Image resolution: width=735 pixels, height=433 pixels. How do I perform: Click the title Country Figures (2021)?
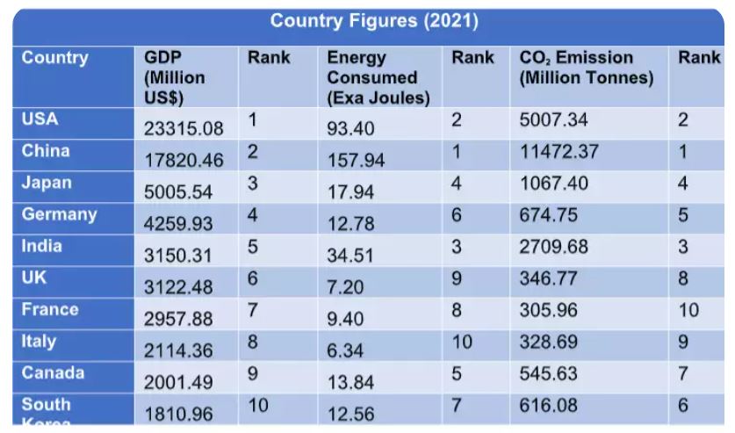pyautogui.click(x=374, y=21)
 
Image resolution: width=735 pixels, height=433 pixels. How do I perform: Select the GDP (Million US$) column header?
pyautogui.click(x=175, y=77)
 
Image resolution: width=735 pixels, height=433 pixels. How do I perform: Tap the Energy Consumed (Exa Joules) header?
pyautogui.click(x=378, y=78)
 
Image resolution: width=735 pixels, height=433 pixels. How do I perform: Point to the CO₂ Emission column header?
pyautogui.click(x=586, y=68)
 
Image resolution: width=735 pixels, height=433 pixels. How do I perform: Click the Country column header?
pyautogui.click(x=54, y=58)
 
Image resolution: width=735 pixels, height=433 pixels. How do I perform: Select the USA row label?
pyautogui.click(x=40, y=119)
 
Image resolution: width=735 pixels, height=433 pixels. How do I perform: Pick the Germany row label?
pyautogui.click(x=59, y=214)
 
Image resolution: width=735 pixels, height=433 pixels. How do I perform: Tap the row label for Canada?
pyautogui.click(x=53, y=373)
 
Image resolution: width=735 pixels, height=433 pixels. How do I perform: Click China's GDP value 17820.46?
pyautogui.click(x=184, y=161)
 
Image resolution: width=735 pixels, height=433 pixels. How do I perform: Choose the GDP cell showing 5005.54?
pyautogui.click(x=178, y=192)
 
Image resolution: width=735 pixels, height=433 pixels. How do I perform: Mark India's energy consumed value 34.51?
pyautogui.click(x=350, y=256)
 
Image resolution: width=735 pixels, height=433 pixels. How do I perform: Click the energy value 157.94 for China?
pyautogui.click(x=356, y=161)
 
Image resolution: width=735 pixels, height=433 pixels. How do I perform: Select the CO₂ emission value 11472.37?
pyautogui.click(x=558, y=151)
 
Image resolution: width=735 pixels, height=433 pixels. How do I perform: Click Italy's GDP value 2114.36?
pyautogui.click(x=178, y=351)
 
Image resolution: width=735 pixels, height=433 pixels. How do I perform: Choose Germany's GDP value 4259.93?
pyautogui.click(x=178, y=224)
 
